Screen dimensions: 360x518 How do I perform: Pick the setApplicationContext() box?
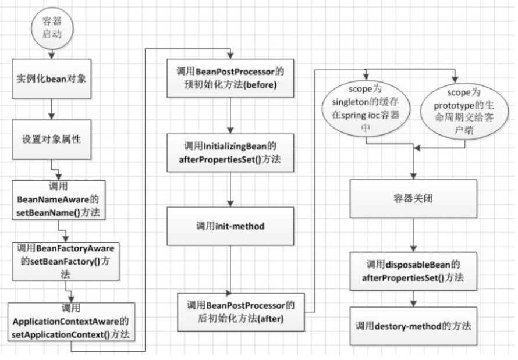[x=71, y=322]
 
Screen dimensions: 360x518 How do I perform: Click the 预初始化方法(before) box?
[x=231, y=79]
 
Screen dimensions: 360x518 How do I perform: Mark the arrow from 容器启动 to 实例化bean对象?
[x=51, y=52]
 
